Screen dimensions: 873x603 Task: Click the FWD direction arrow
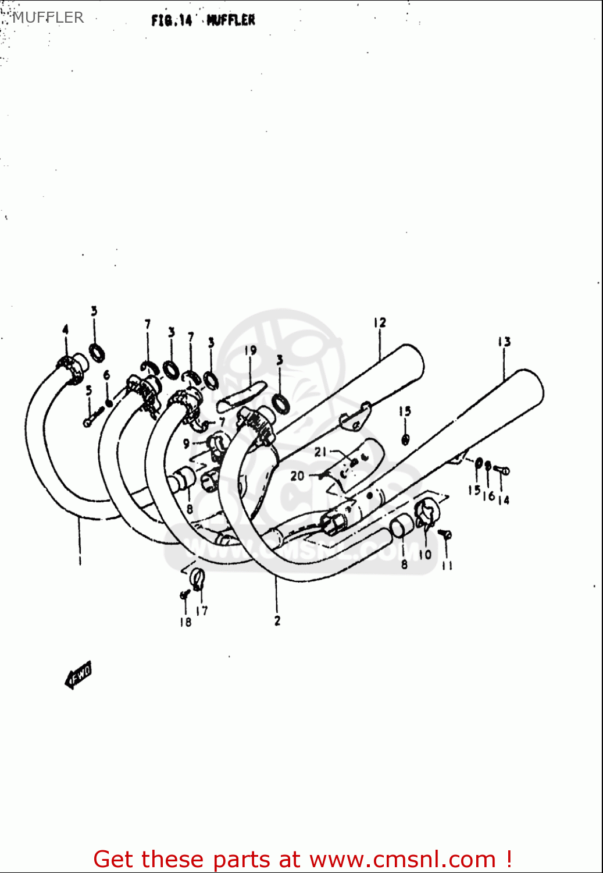tap(78, 675)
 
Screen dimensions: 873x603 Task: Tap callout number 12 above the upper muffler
tap(380, 323)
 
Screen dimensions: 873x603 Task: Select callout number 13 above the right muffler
tap(504, 342)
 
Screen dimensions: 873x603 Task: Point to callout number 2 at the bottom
tap(277, 620)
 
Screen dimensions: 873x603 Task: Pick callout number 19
tap(250, 350)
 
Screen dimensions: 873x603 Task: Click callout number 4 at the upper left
tap(65, 330)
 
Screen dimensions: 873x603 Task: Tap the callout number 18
tap(185, 622)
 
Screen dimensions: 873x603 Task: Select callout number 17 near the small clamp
tap(202, 611)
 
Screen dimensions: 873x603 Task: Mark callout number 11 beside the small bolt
tap(447, 565)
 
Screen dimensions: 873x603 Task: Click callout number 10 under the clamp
tap(425, 554)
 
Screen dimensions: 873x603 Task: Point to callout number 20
tap(297, 475)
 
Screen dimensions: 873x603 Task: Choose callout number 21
tap(321, 452)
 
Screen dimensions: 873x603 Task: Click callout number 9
tap(186, 443)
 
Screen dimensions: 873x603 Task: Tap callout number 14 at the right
tap(504, 499)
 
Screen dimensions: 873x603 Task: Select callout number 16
tap(488, 496)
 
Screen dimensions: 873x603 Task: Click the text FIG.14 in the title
tap(172, 20)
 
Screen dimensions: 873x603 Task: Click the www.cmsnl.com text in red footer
tap(402, 859)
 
